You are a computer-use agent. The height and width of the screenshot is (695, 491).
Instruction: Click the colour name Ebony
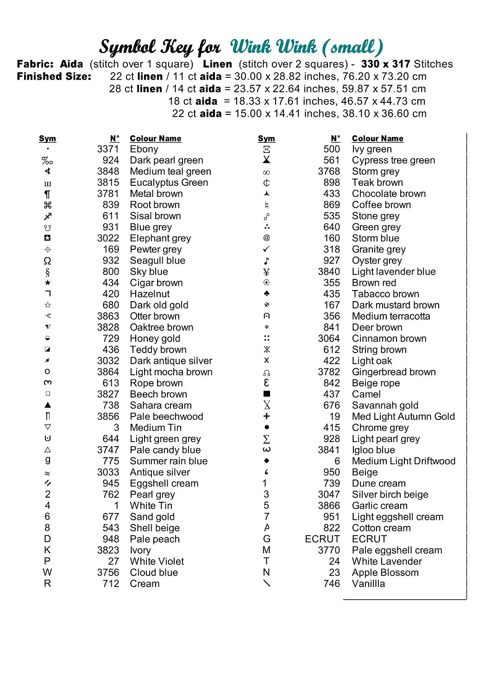coord(144,149)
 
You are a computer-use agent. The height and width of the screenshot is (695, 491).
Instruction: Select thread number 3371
coord(108,149)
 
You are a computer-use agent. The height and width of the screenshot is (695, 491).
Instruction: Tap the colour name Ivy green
coord(371,149)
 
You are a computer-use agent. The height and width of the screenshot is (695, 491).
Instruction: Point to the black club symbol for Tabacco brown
coord(266,294)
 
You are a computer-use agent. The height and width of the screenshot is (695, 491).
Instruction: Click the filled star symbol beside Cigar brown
coord(48,283)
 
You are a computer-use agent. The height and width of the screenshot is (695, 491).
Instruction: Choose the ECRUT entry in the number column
coord(322,539)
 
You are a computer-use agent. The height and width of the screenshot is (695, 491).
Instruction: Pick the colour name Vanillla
coord(368,584)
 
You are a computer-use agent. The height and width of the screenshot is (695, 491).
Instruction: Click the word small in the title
coord(353,47)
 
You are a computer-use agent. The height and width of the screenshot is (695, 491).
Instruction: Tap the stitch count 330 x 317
coord(386,64)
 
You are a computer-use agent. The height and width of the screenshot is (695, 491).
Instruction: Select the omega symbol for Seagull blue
coord(48,261)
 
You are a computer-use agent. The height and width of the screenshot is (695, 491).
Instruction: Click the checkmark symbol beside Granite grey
coord(266,249)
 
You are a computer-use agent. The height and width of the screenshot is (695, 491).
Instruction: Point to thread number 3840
coord(329,272)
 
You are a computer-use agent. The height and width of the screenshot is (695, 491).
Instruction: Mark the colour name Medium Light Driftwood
coord(403,461)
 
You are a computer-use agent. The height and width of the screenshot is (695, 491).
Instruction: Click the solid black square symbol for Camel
coord(266,394)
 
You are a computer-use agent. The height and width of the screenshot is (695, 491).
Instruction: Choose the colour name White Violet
coord(157,561)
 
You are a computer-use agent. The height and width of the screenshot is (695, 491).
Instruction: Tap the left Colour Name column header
coord(156,139)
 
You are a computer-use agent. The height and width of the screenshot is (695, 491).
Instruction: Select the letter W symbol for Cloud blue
coord(48,572)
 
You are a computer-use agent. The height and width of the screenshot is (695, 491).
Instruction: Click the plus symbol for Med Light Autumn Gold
coord(266,416)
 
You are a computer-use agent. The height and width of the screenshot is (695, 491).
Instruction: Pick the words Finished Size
coord(54,76)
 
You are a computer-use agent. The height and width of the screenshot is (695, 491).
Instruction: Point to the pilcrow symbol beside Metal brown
coord(48,194)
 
